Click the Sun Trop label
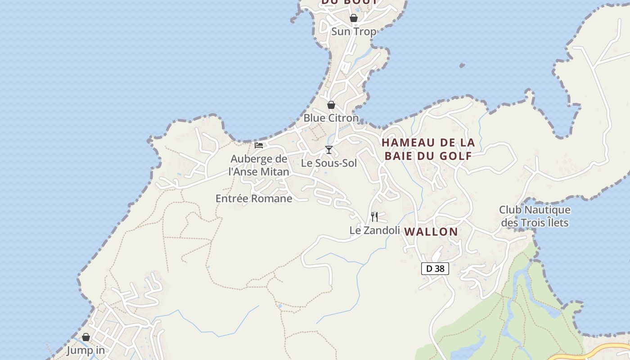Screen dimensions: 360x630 coord(354,31)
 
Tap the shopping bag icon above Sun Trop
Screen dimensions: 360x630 coord(354,18)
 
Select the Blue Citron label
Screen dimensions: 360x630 coord(331,118)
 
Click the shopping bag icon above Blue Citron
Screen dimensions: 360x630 coord(331,105)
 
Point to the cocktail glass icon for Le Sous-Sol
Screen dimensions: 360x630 coord(329,150)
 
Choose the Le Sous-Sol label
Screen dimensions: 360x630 coord(329,163)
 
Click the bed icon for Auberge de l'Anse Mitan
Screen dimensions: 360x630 coord(259,145)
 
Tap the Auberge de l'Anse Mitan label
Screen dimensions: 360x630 coord(259,165)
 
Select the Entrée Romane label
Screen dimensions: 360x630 coord(254,198)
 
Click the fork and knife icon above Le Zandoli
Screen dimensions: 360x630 coord(374,217)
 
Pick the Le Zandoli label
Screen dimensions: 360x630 coord(375,230)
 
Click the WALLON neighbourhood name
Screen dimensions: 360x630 coord(431,232)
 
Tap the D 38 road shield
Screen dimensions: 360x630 coord(435,269)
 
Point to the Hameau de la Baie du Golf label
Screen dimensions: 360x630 coord(428,149)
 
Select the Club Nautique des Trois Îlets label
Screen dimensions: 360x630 coord(535,216)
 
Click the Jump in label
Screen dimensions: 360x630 coord(85,350)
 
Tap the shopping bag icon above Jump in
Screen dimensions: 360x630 coord(86,337)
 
